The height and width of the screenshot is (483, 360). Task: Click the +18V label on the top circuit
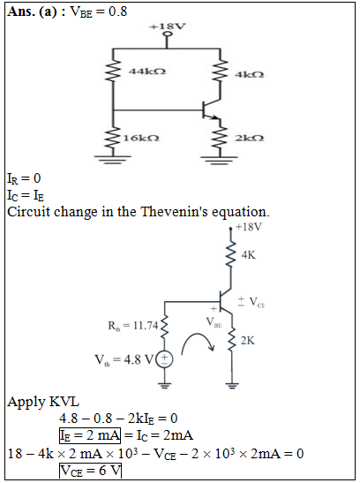pyautogui.click(x=168, y=26)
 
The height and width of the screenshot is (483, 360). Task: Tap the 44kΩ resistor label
pyautogui.click(x=147, y=72)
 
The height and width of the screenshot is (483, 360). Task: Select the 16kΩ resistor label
pyautogui.click(x=141, y=138)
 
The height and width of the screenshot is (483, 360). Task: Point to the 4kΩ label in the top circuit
pyautogui.click(x=249, y=74)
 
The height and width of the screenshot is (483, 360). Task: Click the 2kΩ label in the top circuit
pyautogui.click(x=249, y=138)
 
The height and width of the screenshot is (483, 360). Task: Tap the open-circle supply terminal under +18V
pyautogui.click(x=168, y=34)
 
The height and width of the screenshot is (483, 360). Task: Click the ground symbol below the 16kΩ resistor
pyautogui.click(x=113, y=160)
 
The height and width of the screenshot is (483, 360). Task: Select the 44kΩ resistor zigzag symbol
pyautogui.click(x=113, y=72)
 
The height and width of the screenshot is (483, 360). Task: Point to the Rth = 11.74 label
pyautogui.click(x=133, y=326)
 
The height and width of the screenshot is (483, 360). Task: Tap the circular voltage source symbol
pyautogui.click(x=165, y=359)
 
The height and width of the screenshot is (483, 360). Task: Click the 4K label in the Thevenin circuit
pyautogui.click(x=248, y=255)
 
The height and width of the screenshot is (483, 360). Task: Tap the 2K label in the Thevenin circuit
pyautogui.click(x=248, y=341)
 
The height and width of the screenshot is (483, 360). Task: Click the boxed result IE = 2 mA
pyautogui.click(x=90, y=435)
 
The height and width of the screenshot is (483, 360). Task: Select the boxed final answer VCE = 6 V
pyautogui.click(x=91, y=471)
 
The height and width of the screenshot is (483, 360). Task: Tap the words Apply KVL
pyautogui.click(x=43, y=402)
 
